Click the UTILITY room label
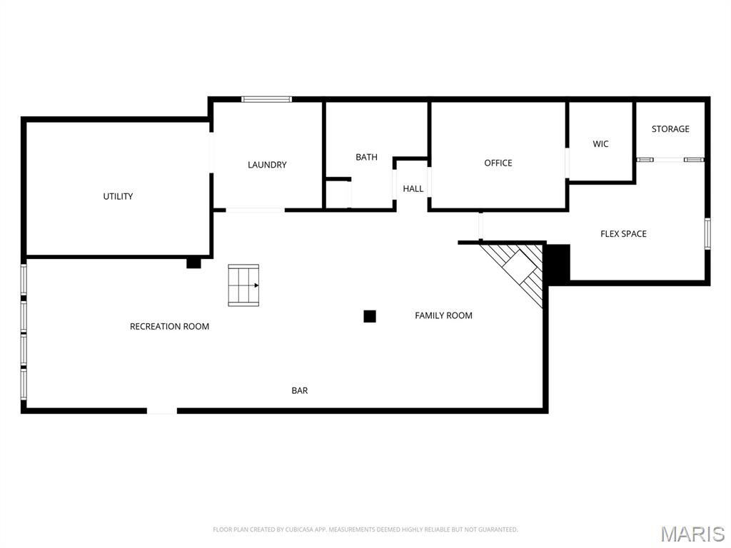click(118, 196)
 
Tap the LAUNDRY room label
click(267, 165)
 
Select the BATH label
click(366, 157)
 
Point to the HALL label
click(413, 189)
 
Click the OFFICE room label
click(498, 163)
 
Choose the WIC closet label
click(600, 144)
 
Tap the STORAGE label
click(670, 129)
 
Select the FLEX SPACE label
click(623, 234)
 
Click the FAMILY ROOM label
click(443, 315)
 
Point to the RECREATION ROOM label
click(169, 327)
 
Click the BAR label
click(300, 390)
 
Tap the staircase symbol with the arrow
click(243, 285)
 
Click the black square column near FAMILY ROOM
click(370, 316)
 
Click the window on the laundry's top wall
click(266, 99)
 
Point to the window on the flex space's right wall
click(707, 233)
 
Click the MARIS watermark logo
click(692, 534)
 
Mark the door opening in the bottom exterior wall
click(162, 410)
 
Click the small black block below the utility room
click(193, 263)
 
